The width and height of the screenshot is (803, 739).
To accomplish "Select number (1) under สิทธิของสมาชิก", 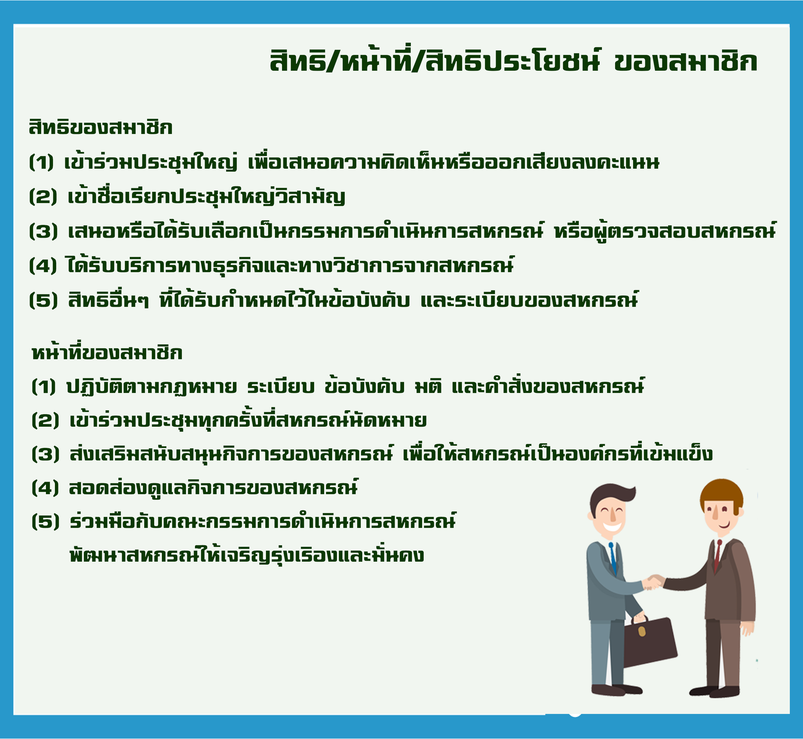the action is [x=41, y=162].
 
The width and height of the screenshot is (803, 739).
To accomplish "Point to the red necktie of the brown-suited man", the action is [x=717, y=556].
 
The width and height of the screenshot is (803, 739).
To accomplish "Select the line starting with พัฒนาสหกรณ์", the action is [x=247, y=556].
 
